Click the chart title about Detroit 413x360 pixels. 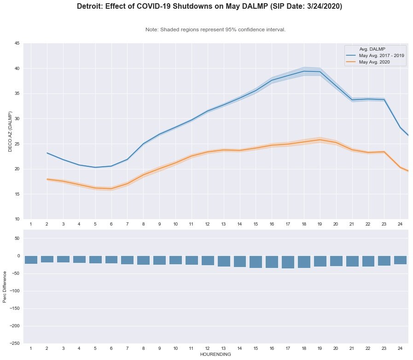point(209,7)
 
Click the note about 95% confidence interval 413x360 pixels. point(215,29)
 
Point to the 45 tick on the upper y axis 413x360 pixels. point(17,44)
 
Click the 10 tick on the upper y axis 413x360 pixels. point(17,219)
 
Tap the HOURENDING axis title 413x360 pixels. point(215,355)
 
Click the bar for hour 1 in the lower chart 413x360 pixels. point(31,260)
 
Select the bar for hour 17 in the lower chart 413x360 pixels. point(288,262)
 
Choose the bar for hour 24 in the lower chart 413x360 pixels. point(400,260)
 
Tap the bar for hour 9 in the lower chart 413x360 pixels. point(159,260)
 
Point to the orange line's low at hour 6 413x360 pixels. point(111,189)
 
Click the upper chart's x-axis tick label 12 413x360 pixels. point(207,224)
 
